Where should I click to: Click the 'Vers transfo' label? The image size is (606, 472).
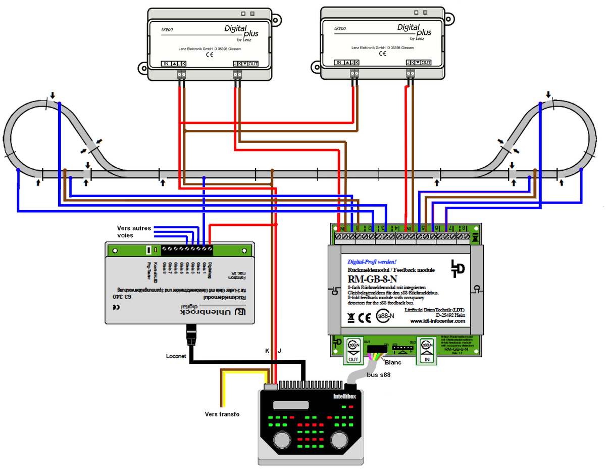pos(222,414)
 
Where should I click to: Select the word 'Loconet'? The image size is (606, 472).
pos(176,356)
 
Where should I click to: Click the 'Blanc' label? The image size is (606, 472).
pos(392,362)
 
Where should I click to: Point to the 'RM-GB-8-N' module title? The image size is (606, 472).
pos(372,278)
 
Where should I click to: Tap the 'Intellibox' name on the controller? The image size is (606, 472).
pos(344,397)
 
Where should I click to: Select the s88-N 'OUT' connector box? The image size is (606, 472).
pos(353,350)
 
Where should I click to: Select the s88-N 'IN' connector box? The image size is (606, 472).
pos(426,350)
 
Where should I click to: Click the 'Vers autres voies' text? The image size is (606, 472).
pos(133,231)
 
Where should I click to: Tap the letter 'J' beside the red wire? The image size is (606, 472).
pos(279,351)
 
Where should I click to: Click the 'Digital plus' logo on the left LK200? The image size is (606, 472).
pos(241,32)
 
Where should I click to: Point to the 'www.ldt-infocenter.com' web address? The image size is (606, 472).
pos(437,321)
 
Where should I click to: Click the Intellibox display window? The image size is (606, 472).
pos(287,405)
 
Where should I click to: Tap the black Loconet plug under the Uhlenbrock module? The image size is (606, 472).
pos(192,335)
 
